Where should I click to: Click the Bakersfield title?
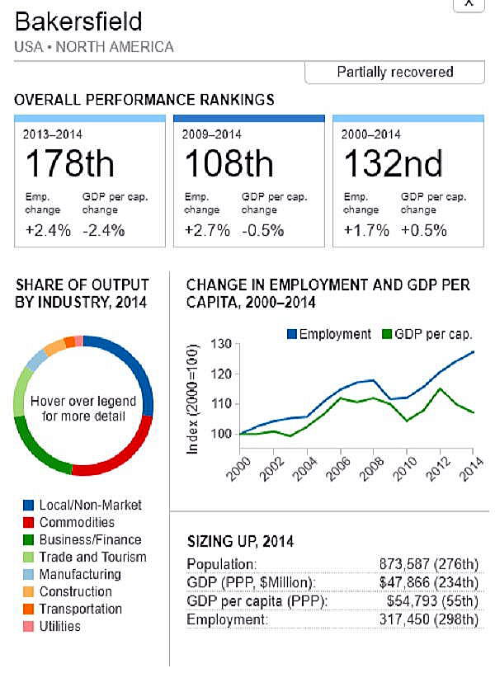[x=78, y=21]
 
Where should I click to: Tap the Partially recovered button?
[x=394, y=72]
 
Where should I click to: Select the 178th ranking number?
[x=69, y=164]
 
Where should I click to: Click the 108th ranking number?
[x=229, y=164]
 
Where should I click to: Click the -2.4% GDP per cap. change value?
[x=103, y=230]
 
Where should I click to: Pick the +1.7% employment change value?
[x=366, y=230]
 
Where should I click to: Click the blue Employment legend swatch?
[x=291, y=334]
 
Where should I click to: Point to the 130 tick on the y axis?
[x=220, y=344]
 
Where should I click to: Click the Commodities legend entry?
[x=77, y=522]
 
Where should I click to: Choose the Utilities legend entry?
[x=59, y=626]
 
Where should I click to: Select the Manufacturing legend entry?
[x=80, y=574]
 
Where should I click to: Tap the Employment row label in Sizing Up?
[x=228, y=619]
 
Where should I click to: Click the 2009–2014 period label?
[x=213, y=134]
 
